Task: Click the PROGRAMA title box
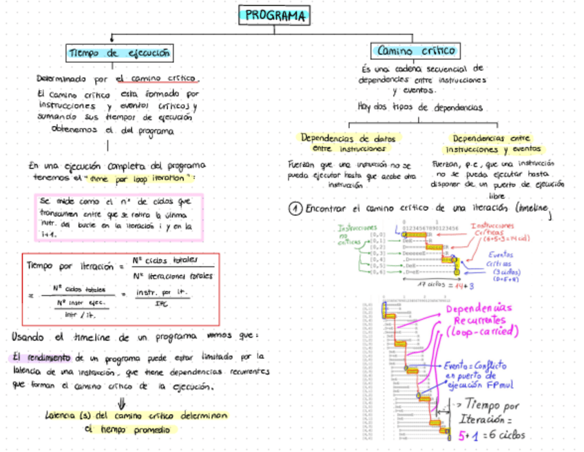pos(275,14)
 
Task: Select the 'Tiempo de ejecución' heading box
pos(120,53)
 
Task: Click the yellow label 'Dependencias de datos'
pos(349,138)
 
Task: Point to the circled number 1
pos(295,207)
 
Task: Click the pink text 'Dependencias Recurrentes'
pos(479,316)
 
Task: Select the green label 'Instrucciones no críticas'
pos(357,234)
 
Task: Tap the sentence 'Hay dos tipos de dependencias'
pos(419,107)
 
